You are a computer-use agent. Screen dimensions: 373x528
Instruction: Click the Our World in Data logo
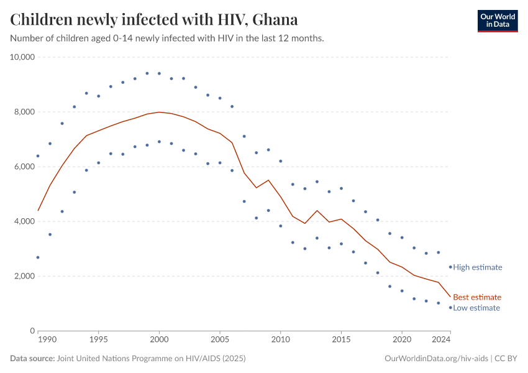pyautogui.click(x=497, y=21)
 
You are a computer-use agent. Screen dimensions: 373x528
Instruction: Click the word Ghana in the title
pyautogui.click(x=274, y=20)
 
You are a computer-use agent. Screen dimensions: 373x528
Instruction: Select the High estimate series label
pyautogui.click(x=477, y=267)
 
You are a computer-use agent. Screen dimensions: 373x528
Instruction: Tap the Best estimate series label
pyautogui.click(x=476, y=297)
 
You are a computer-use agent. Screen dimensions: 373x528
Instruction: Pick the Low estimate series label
pyautogui.click(x=476, y=308)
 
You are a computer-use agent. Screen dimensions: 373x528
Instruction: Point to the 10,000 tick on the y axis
pyautogui.click(x=22, y=57)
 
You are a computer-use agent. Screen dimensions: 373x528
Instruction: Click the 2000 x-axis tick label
pyautogui.click(x=159, y=341)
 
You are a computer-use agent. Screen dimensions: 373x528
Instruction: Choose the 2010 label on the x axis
pyautogui.click(x=281, y=341)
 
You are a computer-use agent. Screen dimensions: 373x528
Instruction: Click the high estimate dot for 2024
pyautogui.click(x=450, y=267)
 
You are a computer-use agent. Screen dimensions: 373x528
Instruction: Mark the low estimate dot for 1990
pyautogui.click(x=38, y=257)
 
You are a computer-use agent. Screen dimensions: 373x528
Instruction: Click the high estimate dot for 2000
pyautogui.click(x=159, y=73)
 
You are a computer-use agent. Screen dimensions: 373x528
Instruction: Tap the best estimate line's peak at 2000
pyautogui.click(x=159, y=112)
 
